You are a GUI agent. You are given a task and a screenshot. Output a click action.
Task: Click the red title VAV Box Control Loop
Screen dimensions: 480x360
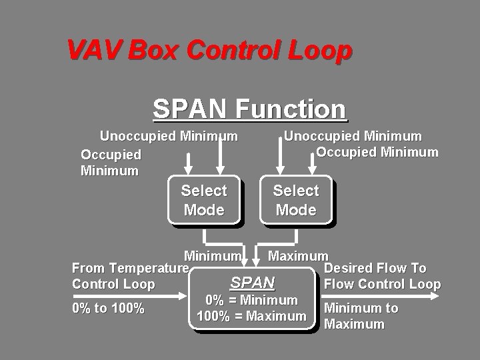tap(210, 50)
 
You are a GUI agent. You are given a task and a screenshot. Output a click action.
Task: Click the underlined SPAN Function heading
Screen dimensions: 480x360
tap(250, 109)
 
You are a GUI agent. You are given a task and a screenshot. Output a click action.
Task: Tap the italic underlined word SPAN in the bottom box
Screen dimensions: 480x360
tap(253, 282)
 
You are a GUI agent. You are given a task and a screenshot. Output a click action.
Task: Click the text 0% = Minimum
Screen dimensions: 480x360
tap(251, 300)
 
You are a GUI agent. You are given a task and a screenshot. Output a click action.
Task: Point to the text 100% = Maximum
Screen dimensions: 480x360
tap(251, 316)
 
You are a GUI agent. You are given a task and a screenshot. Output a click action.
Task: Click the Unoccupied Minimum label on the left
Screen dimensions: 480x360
tap(169, 136)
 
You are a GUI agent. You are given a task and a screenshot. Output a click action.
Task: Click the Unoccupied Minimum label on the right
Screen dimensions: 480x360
tap(353, 136)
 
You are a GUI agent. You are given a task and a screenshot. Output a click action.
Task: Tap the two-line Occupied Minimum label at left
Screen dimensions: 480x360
tap(111, 163)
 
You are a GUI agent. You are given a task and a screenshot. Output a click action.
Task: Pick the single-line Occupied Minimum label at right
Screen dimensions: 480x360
tap(377, 152)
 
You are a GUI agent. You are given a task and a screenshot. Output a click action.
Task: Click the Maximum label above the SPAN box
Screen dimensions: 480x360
tap(298, 256)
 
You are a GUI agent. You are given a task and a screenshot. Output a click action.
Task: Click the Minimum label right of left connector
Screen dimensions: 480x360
tap(213, 256)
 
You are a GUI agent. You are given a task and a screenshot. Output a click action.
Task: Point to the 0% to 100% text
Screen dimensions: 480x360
tap(109, 308)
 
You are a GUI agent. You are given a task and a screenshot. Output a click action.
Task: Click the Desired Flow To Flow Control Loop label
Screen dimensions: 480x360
tap(383, 276)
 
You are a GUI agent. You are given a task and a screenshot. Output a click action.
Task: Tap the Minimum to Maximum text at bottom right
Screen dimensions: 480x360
tap(361, 316)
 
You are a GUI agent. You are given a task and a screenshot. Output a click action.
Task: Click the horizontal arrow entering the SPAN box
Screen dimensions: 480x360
tap(130, 296)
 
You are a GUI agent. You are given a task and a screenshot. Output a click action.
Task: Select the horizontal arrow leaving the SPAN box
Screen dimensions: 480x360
tap(380, 296)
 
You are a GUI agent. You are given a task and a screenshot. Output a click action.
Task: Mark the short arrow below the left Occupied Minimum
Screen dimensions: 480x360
tap(188, 164)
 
